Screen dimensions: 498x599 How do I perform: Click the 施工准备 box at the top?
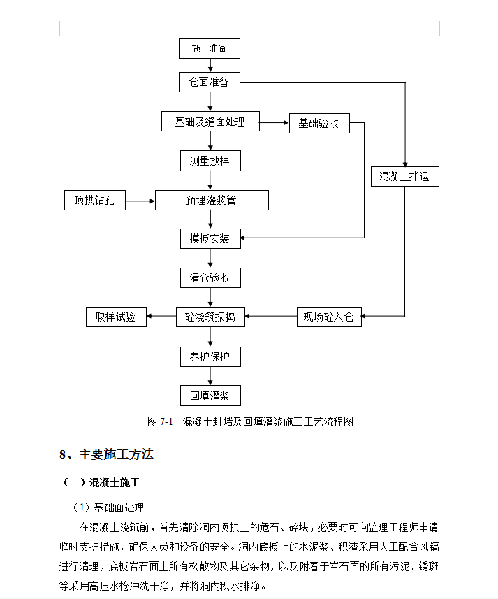(x=210, y=48)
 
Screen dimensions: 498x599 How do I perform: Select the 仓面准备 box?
(x=210, y=82)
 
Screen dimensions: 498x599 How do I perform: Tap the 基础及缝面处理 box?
(x=210, y=122)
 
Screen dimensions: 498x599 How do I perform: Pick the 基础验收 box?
(x=319, y=124)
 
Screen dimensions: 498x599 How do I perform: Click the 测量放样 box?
(x=210, y=161)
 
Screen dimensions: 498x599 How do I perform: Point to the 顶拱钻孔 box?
(x=94, y=200)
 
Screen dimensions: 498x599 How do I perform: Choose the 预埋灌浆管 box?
(x=212, y=200)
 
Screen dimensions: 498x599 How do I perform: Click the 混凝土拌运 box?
(x=405, y=177)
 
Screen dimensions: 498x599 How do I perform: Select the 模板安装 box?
(x=210, y=239)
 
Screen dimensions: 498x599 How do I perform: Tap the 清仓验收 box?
(x=210, y=277)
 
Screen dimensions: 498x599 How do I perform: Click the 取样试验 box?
(x=116, y=317)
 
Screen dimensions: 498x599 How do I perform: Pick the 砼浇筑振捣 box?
(x=210, y=317)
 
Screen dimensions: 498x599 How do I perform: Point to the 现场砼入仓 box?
(x=329, y=317)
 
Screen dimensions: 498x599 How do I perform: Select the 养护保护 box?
(x=210, y=356)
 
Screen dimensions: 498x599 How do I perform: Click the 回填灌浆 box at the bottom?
(x=210, y=396)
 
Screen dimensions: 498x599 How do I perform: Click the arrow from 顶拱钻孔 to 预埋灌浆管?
(x=140, y=201)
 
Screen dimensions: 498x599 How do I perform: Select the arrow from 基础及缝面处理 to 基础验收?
(x=274, y=122)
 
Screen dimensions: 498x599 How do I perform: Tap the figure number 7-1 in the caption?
(x=166, y=421)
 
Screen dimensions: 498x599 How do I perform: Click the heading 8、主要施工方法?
(x=106, y=454)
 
